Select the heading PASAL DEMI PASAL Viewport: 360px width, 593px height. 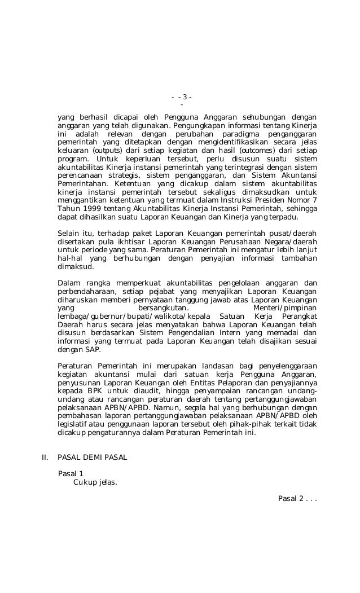coord(93,457)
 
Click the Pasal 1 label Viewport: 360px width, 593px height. coord(71,473)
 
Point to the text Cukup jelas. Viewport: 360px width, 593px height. coord(95,482)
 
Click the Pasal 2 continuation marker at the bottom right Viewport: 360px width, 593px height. coord(297,498)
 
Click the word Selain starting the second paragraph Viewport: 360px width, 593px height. coord(69,234)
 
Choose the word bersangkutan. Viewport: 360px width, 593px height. coord(164,308)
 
